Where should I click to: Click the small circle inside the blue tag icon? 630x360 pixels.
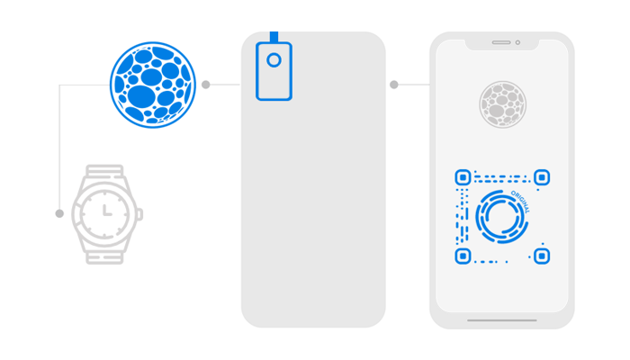tap(274, 59)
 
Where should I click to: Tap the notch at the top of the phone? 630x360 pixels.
tap(502, 44)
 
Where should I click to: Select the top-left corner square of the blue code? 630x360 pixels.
tap(463, 178)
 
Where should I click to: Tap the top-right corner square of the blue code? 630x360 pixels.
tap(541, 178)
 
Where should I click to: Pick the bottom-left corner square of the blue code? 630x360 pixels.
tap(463, 256)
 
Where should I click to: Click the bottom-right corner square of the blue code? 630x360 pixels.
tap(541, 256)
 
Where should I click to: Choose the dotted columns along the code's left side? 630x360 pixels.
tap(463, 217)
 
